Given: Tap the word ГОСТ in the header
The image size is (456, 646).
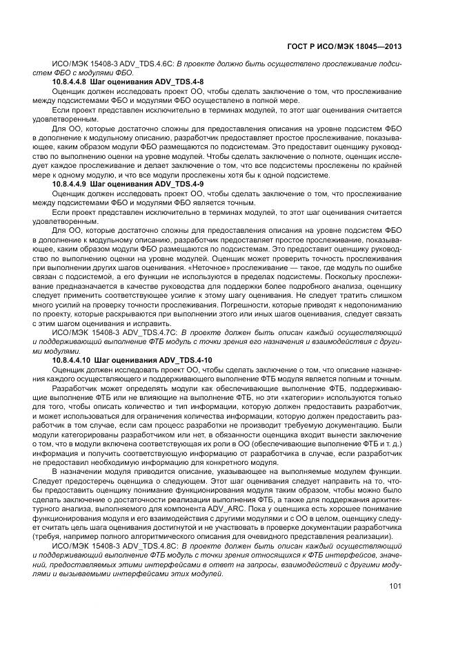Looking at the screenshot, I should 297,46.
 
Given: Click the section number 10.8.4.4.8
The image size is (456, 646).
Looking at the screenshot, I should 71,82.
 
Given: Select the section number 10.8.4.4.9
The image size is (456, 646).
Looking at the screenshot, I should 71,184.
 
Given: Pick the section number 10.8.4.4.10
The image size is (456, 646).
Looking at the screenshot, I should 73,361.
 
